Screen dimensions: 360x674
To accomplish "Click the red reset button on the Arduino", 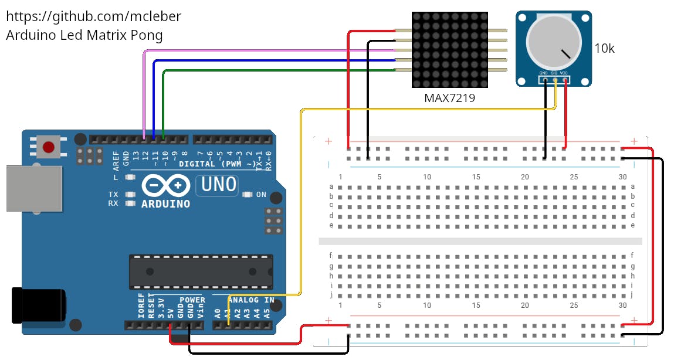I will pyautogui.click(x=49, y=146).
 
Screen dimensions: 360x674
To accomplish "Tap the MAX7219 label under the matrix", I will pyautogui.click(x=449, y=98).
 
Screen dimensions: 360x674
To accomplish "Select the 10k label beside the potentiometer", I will pyautogui.click(x=604, y=49).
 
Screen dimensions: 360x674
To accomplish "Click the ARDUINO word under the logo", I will pyautogui.click(x=166, y=204).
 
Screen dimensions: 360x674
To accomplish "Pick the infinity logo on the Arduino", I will pyautogui.click(x=166, y=186).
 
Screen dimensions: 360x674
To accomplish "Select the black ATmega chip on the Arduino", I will pyautogui.click(x=201, y=271).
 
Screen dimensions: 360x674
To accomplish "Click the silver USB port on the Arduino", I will pyautogui.click(x=33, y=188).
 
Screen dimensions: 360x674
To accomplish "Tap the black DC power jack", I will pyautogui.click(x=38, y=305).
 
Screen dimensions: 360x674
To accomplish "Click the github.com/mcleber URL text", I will pyautogui.click(x=94, y=16).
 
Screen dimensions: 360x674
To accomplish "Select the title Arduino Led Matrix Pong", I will pyautogui.click(x=84, y=35).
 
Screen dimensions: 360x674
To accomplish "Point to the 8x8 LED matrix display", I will pyautogui.click(x=450, y=50).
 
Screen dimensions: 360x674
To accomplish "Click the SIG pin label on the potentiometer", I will pyautogui.click(x=554, y=73).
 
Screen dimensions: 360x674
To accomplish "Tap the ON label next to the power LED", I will pyautogui.click(x=261, y=195).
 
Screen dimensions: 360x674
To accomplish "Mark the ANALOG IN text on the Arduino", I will pyautogui.click(x=250, y=300).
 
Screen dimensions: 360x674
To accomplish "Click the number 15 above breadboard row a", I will pyautogui.click(x=476, y=177).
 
